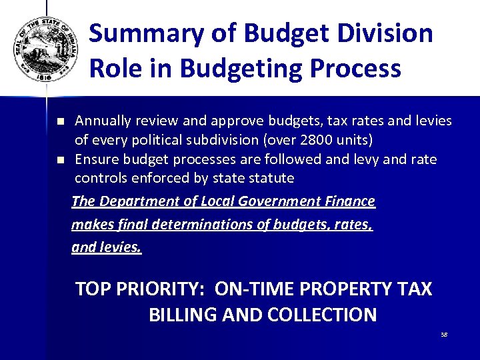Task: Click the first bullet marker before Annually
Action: coord(59,122)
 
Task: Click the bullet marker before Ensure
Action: coord(59,160)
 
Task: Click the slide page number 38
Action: coord(444,335)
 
